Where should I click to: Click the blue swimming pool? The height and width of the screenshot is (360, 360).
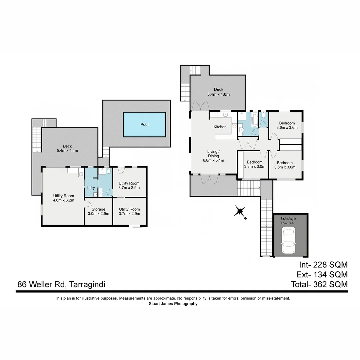[x=144, y=124]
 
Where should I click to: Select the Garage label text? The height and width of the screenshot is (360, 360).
[x=288, y=219]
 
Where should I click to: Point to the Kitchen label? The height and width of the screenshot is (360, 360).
[x=220, y=127]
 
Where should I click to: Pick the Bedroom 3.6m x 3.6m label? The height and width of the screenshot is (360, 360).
[x=287, y=125]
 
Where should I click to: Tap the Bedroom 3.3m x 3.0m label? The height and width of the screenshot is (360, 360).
[x=254, y=164]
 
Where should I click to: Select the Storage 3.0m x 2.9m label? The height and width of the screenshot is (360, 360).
[x=98, y=211]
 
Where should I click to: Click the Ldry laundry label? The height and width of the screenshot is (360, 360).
[x=91, y=188]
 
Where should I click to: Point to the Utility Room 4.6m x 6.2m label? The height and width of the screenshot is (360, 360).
[x=64, y=198]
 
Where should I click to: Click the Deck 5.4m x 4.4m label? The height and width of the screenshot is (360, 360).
[x=67, y=148]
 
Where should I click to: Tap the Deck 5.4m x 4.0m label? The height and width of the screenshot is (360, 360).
[x=218, y=92]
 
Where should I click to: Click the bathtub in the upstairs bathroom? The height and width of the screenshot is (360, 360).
[x=254, y=120]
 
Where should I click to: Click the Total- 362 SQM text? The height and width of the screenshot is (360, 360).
[x=319, y=284]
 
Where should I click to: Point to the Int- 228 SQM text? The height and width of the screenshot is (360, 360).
[x=322, y=265]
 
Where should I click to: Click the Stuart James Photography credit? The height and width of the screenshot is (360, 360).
[x=173, y=304]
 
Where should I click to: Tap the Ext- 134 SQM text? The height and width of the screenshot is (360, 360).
[x=322, y=275]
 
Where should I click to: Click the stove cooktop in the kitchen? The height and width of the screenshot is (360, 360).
[x=234, y=126]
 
